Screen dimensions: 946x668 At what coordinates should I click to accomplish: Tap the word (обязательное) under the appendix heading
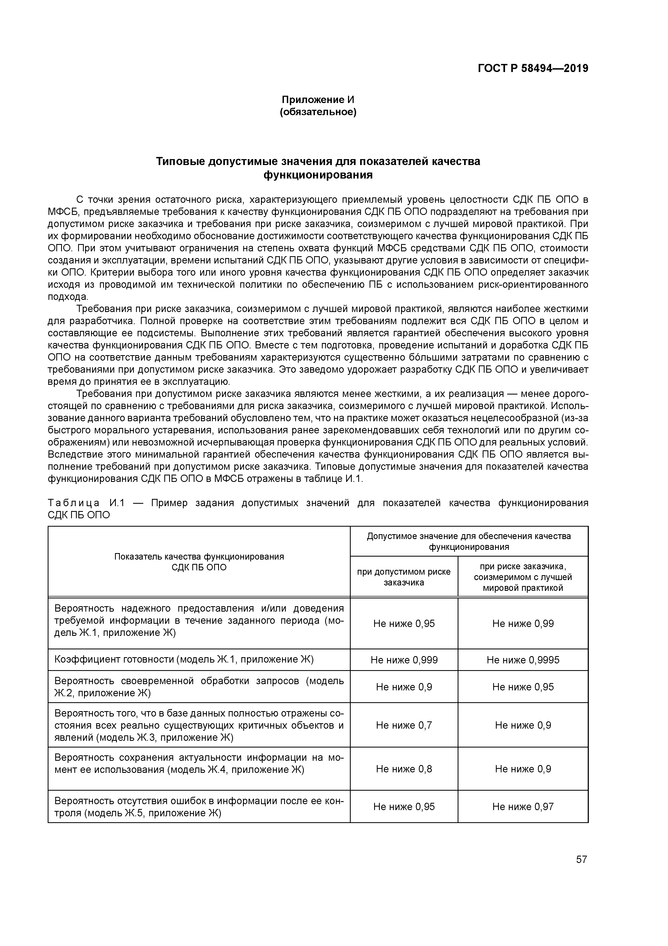318,112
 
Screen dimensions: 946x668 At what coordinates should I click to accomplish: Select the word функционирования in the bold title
318,175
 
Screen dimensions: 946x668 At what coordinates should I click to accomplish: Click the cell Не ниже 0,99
523,624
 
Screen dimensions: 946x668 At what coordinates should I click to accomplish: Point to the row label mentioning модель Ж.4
199,763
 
